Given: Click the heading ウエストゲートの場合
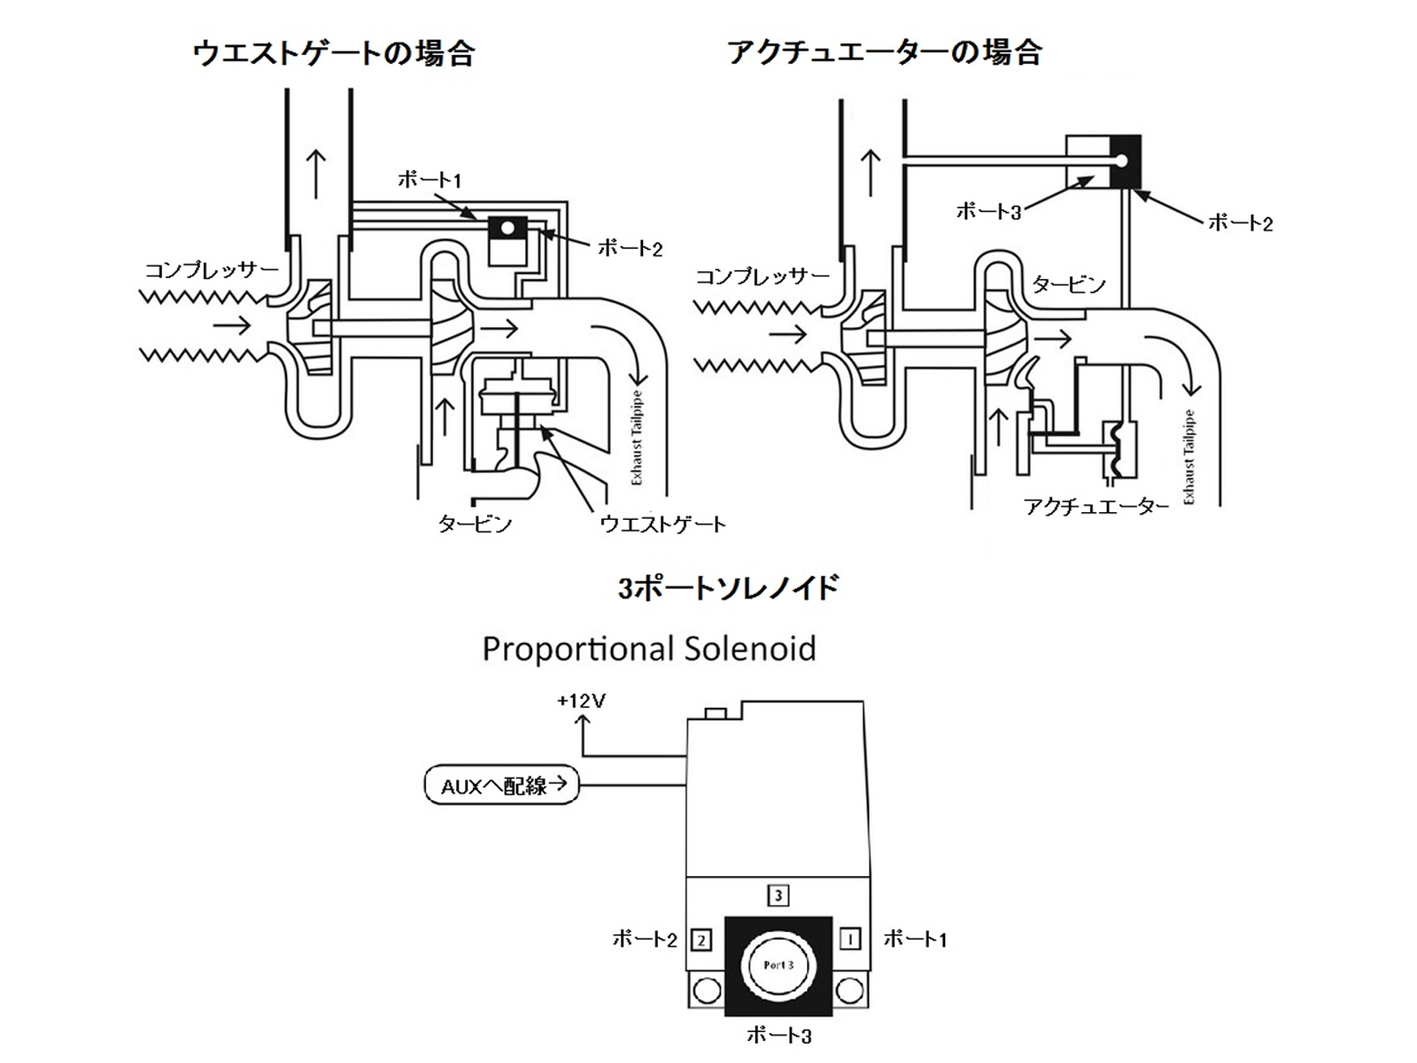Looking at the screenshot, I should pyautogui.click(x=334, y=53).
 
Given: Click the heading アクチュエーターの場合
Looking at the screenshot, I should pyautogui.click(x=884, y=53).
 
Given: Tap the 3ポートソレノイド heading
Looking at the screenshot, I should pyautogui.click(x=728, y=588).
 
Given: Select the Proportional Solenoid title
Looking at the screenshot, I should pyautogui.click(x=648, y=649).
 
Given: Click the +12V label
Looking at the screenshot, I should pyautogui.click(x=581, y=701).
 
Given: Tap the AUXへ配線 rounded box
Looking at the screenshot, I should pyautogui.click(x=502, y=785).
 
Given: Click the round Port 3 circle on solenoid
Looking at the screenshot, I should pyautogui.click(x=778, y=965).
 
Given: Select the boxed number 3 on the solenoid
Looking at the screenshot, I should pyautogui.click(x=778, y=896).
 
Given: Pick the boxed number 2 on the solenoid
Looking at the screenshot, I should pyautogui.click(x=701, y=939).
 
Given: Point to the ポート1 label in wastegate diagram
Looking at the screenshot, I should pyautogui.click(x=430, y=180).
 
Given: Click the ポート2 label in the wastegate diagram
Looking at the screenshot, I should pyautogui.click(x=630, y=248).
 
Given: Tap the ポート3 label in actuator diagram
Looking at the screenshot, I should pyautogui.click(x=988, y=211).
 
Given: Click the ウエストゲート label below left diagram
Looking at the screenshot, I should pyautogui.click(x=662, y=524).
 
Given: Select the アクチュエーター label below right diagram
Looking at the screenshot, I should pyautogui.click(x=1096, y=507).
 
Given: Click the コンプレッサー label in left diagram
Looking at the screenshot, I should pyautogui.click(x=212, y=269).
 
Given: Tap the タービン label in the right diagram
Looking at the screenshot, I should pyautogui.click(x=1069, y=284).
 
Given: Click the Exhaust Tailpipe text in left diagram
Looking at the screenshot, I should pyautogui.click(x=637, y=438).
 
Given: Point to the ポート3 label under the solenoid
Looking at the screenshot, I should pyautogui.click(x=779, y=1035).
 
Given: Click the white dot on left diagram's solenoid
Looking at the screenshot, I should pyautogui.click(x=507, y=228).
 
